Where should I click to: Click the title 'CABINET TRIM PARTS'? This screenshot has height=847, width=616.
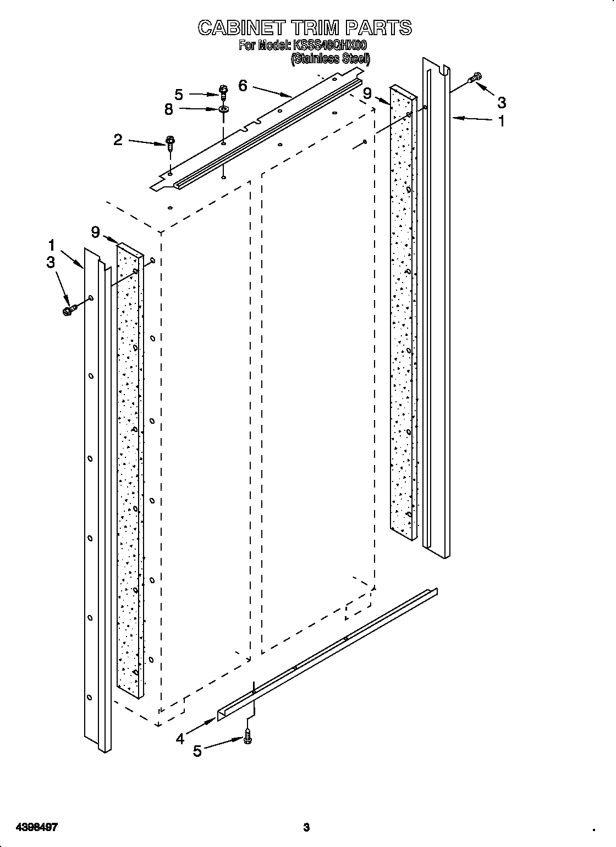pyautogui.click(x=305, y=27)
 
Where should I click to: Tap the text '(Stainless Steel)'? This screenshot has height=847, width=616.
pyautogui.click(x=330, y=59)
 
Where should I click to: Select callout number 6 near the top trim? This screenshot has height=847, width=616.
pyautogui.click(x=243, y=85)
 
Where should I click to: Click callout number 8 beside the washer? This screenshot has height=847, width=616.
pyautogui.click(x=169, y=109)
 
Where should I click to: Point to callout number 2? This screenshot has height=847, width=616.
pyautogui.click(x=118, y=140)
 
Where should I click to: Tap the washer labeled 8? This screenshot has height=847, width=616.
pyautogui.click(x=223, y=110)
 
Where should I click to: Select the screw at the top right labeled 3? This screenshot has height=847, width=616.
pyautogui.click(x=474, y=79)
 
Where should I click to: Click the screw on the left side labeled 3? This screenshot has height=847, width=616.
pyautogui.click(x=68, y=311)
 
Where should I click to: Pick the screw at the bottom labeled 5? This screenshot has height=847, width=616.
pyautogui.click(x=248, y=736)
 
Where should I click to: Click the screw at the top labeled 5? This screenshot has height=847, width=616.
pyautogui.click(x=223, y=89)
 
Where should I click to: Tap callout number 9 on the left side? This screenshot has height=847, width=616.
pyautogui.click(x=96, y=232)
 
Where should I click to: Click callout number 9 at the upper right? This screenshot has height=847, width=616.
pyautogui.click(x=367, y=93)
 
